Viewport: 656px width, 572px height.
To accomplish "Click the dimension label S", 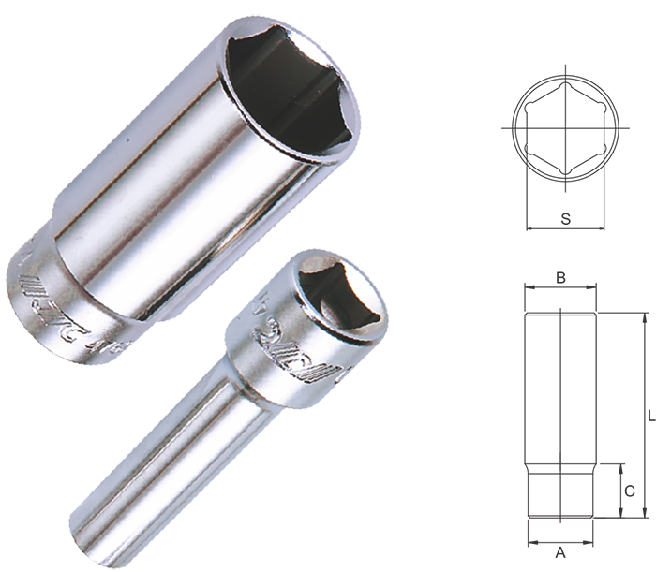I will (x=565, y=217).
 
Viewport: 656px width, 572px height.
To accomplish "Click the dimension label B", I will (x=560, y=277).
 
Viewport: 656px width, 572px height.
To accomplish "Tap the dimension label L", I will (x=649, y=413).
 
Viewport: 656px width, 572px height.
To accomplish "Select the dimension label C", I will (x=630, y=490).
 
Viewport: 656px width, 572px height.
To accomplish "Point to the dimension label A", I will (x=560, y=552).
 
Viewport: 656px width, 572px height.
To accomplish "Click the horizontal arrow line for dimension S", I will (x=565, y=228).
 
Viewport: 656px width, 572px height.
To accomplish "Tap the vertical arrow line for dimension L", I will (x=644, y=413).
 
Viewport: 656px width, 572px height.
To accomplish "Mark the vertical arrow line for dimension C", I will (x=620, y=490).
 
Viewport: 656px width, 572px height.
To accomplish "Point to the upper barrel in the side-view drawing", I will (x=560, y=384).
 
